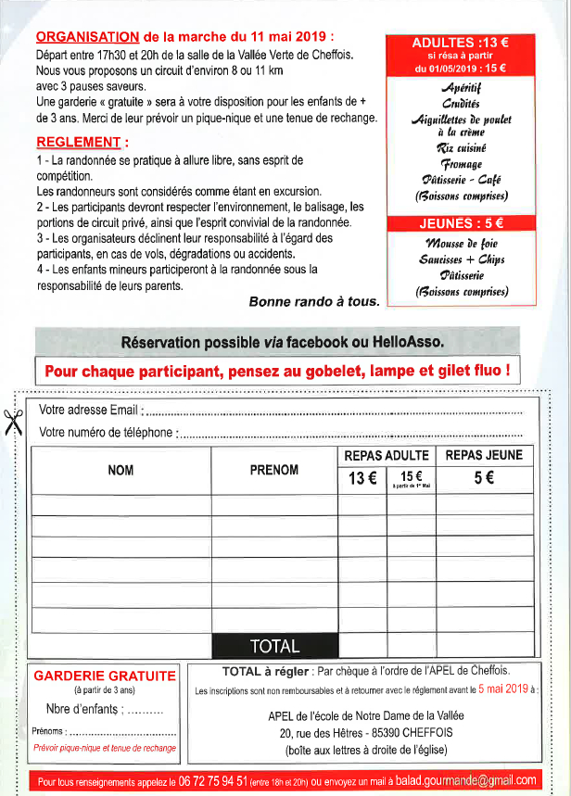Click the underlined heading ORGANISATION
coord(87,37)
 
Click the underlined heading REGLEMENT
coord(80,143)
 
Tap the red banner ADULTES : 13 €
coord(461,42)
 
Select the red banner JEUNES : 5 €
coord(461,223)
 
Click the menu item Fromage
coord(460,163)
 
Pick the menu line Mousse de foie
coord(461,243)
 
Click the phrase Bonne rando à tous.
coord(314,301)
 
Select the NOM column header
coord(121,471)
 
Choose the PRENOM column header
coord(273,471)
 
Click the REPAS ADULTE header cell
coord(387,455)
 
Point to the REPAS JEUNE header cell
coord(484,455)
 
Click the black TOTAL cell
coord(274,646)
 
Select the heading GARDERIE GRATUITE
coord(104,676)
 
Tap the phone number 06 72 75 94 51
coord(213,780)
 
